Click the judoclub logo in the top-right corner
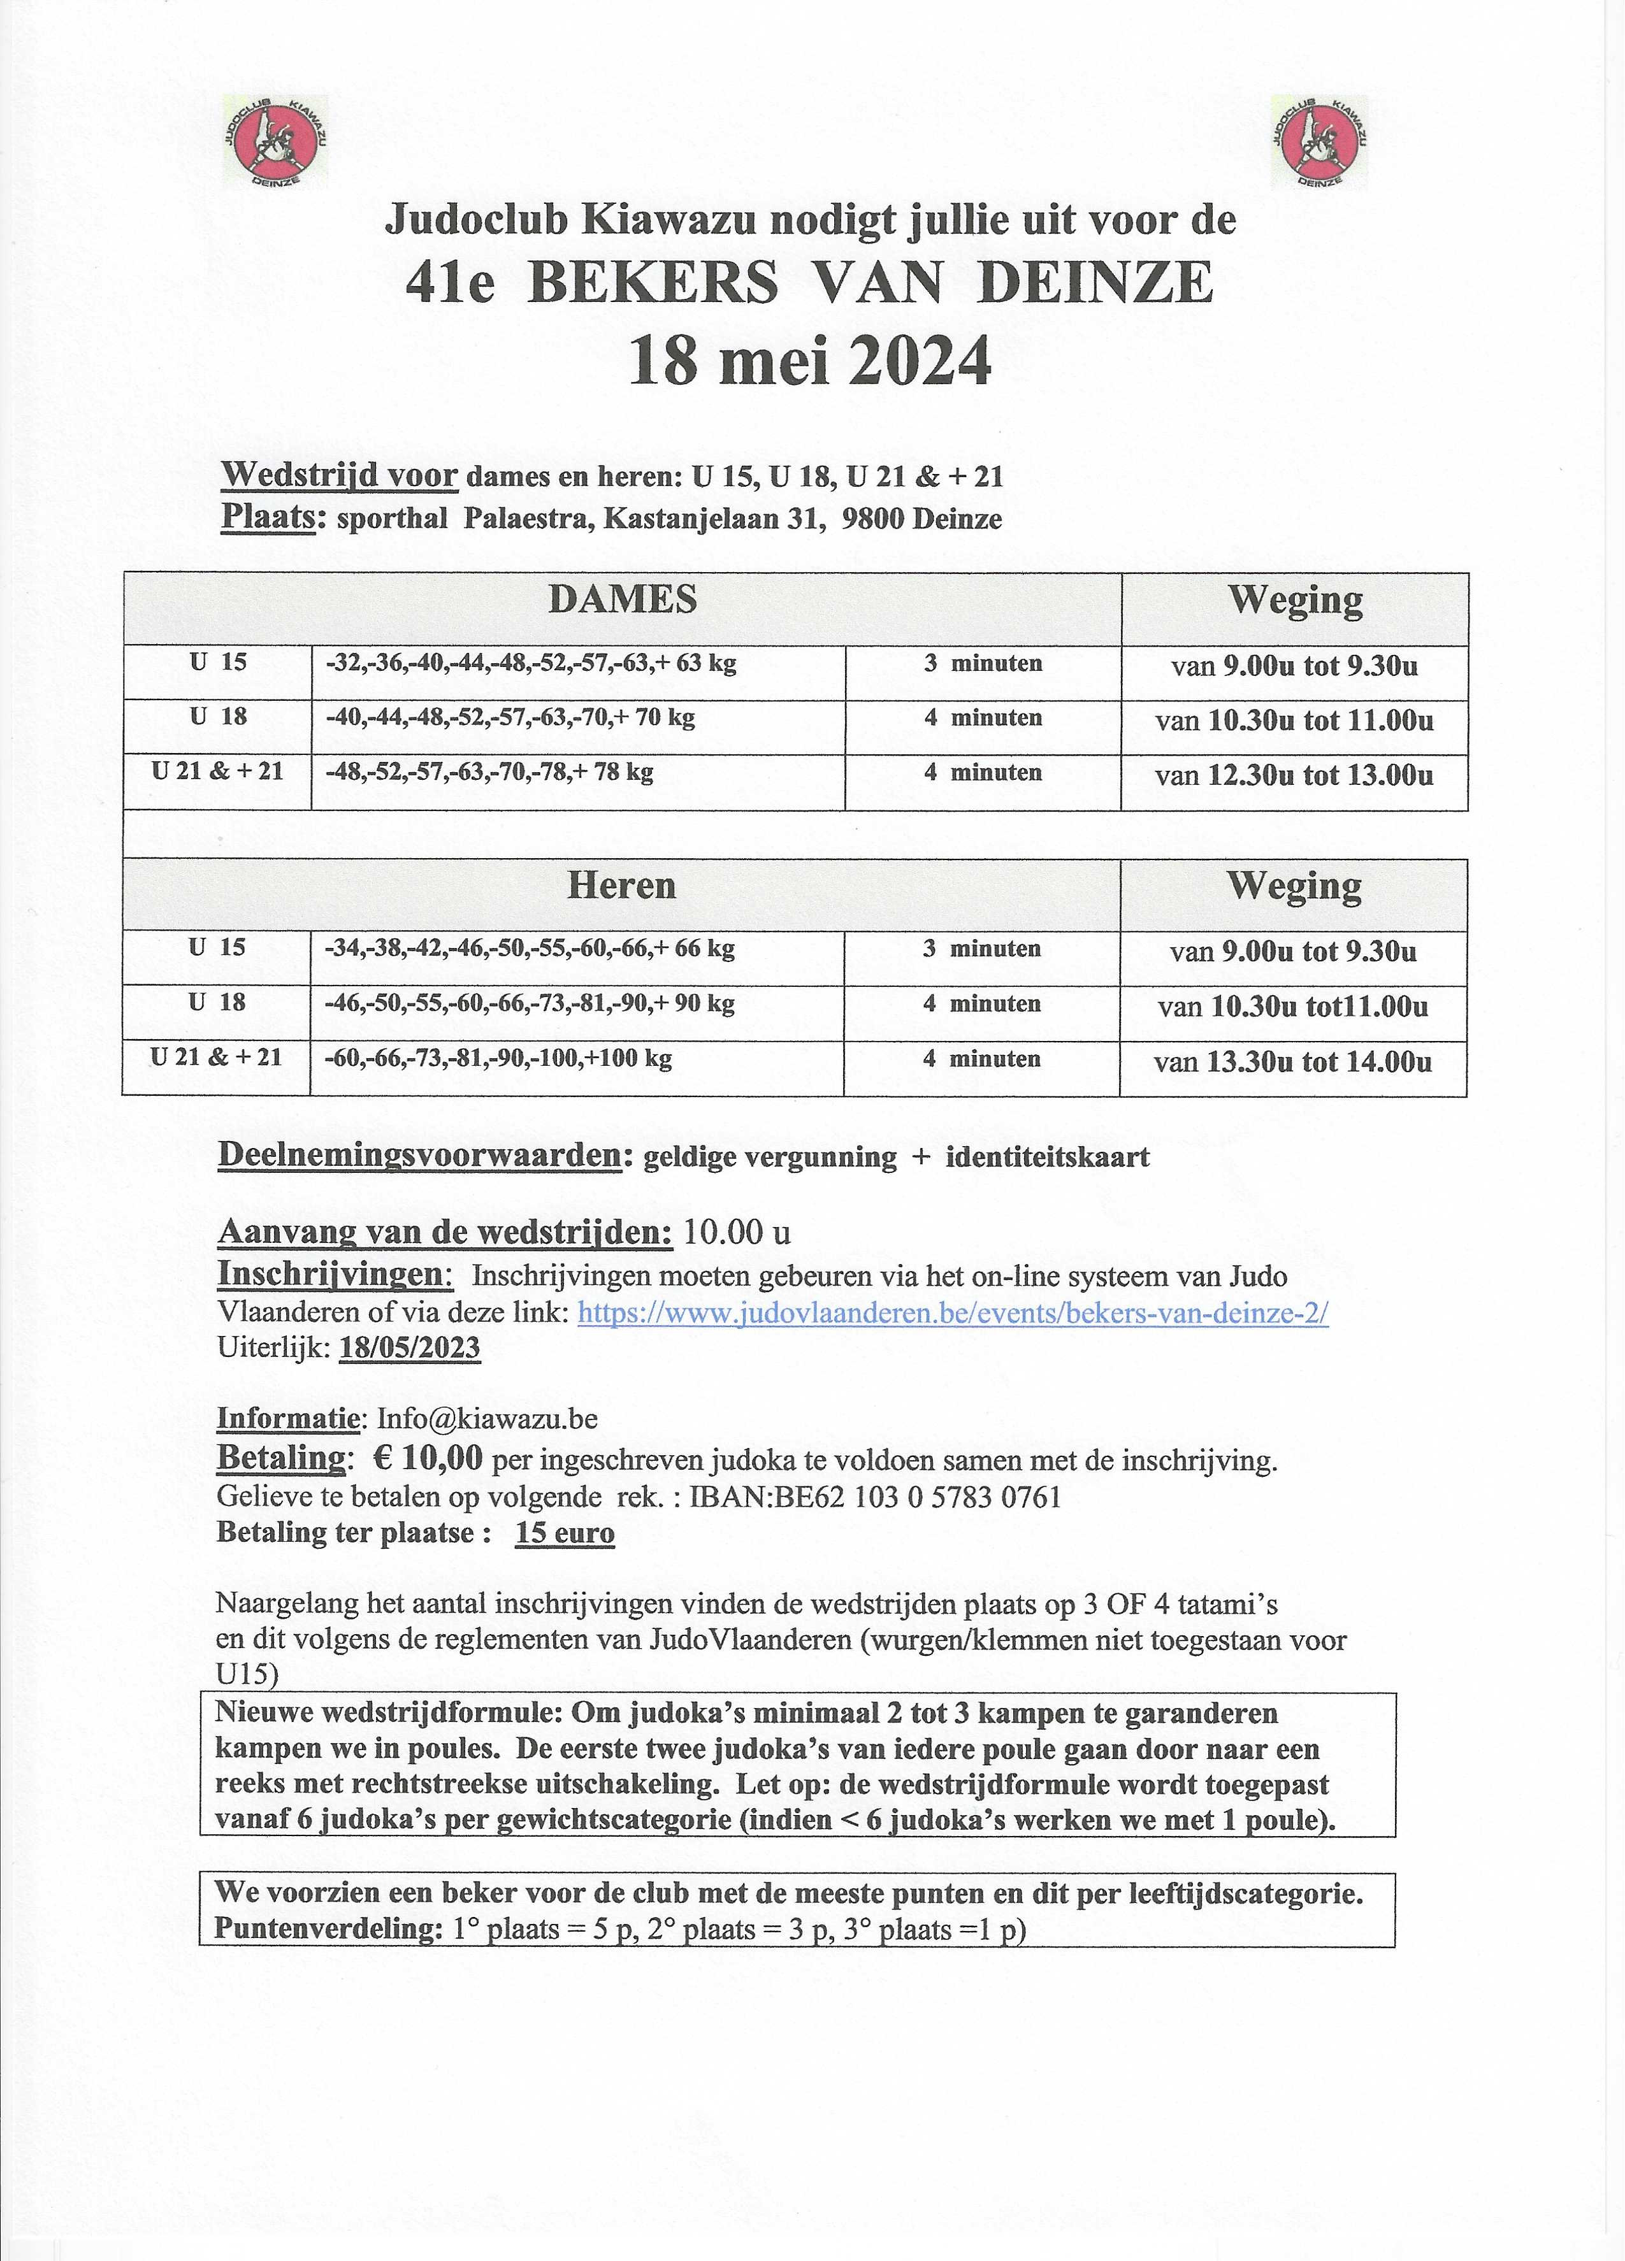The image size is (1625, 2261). click(x=1320, y=141)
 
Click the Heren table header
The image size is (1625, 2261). click(x=621, y=886)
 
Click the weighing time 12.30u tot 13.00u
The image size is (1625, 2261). click(x=1294, y=775)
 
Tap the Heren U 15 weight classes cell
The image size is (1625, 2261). click(x=530, y=949)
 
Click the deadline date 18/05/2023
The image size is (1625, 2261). click(x=410, y=1348)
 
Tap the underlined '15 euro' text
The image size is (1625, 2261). click(x=564, y=1532)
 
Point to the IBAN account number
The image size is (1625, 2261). click(x=876, y=1497)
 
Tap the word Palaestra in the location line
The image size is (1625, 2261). click(x=524, y=519)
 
